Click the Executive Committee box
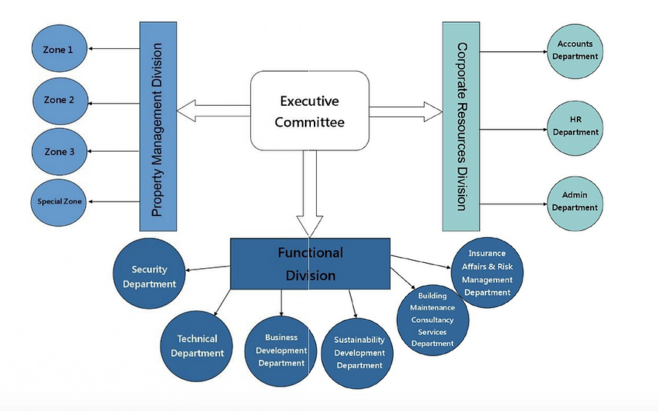point(309,110)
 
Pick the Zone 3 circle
point(60,151)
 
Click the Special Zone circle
point(60,201)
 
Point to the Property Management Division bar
point(157,126)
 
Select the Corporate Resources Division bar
point(461,126)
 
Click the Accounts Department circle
point(575,50)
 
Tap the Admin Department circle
point(575,201)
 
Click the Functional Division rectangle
point(310,264)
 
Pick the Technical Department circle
point(197,345)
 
